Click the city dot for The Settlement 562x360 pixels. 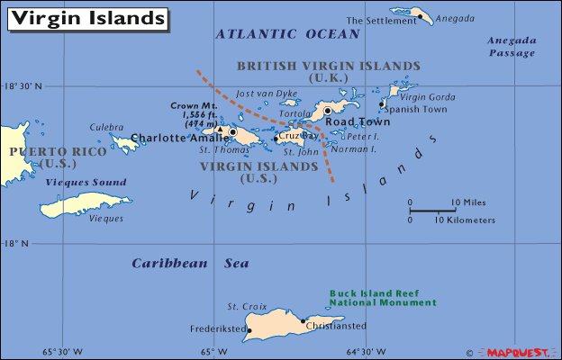[x=418, y=14]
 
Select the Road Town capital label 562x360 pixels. [x=358, y=121]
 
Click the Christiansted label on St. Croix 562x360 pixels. [x=337, y=326]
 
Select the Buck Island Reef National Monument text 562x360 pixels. [x=382, y=298]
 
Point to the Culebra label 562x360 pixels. [x=105, y=128]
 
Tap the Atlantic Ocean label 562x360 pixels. [x=287, y=34]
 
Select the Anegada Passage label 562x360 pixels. [x=511, y=47]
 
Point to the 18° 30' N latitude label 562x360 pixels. [x=23, y=86]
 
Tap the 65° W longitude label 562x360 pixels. [x=206, y=351]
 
